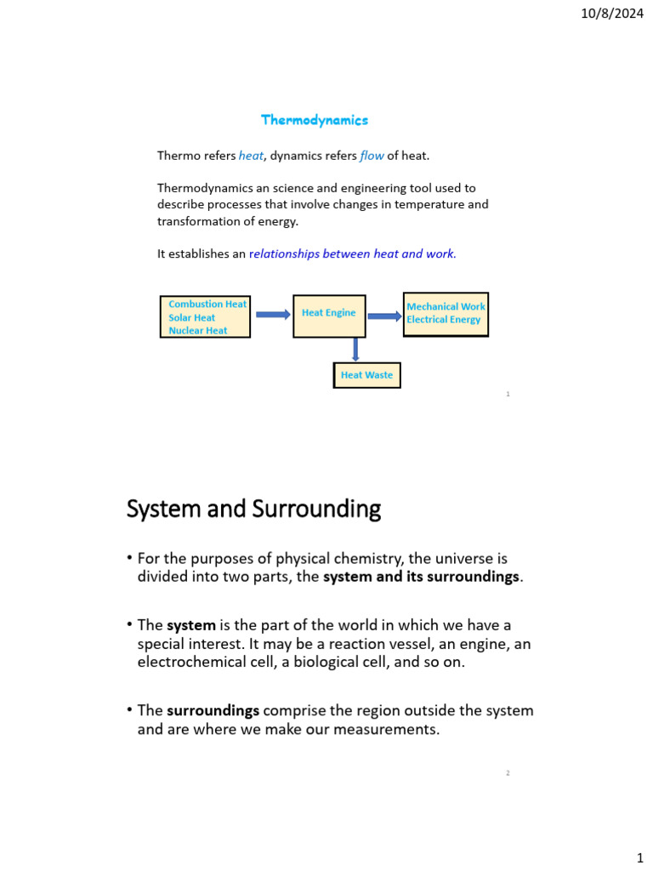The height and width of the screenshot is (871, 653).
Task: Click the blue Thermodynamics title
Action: tap(315, 120)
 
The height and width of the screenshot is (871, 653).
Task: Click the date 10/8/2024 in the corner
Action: tap(612, 13)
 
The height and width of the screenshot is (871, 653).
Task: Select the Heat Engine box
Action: tap(329, 316)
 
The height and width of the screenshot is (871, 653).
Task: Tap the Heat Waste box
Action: tap(366, 375)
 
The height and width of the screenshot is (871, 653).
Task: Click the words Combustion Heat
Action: tap(207, 304)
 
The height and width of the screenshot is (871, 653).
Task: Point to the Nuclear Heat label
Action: tap(198, 331)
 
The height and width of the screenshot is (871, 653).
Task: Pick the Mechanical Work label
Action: tap(446, 306)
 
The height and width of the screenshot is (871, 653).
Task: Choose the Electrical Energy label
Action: tap(443, 320)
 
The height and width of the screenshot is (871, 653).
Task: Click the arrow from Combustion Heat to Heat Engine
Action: tap(272, 315)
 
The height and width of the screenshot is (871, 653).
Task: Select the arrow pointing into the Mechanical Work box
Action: tap(384, 316)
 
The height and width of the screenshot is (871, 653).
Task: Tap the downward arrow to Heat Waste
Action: tap(355, 350)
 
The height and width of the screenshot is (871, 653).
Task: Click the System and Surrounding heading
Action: tap(253, 510)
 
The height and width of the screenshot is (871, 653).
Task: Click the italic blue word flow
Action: tap(372, 156)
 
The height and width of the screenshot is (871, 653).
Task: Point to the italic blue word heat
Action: tap(251, 156)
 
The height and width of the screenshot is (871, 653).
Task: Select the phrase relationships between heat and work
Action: tap(353, 253)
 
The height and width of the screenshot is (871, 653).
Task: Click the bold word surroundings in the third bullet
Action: tap(213, 710)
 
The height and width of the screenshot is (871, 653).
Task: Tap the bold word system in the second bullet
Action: tap(191, 625)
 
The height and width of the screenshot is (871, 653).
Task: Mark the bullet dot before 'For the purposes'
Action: tap(130, 558)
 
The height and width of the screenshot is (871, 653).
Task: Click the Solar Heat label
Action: tap(192, 317)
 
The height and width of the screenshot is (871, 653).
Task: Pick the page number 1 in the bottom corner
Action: tap(639, 859)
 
